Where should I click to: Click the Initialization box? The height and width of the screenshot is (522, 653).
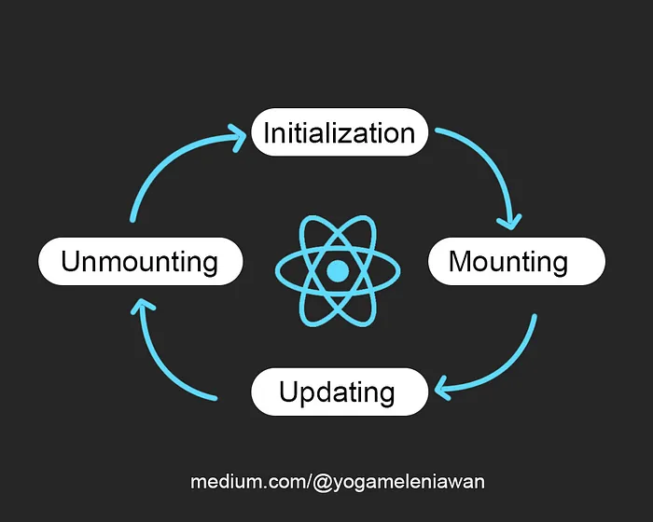[339, 132]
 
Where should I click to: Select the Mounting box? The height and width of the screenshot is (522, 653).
[516, 261]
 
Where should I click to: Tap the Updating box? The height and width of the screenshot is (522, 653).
[339, 391]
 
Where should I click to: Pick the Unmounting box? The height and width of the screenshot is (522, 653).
[140, 261]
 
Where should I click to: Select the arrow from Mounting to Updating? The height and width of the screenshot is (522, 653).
[513, 359]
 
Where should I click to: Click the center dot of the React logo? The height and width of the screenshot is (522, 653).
[338, 271]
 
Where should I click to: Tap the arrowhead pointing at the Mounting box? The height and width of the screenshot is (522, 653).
[509, 221]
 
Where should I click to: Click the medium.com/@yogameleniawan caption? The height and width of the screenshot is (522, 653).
[338, 482]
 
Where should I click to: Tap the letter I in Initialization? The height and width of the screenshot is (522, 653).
[266, 132]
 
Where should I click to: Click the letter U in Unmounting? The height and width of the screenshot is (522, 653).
[70, 261]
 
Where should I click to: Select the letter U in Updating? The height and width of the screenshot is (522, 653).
[288, 391]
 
